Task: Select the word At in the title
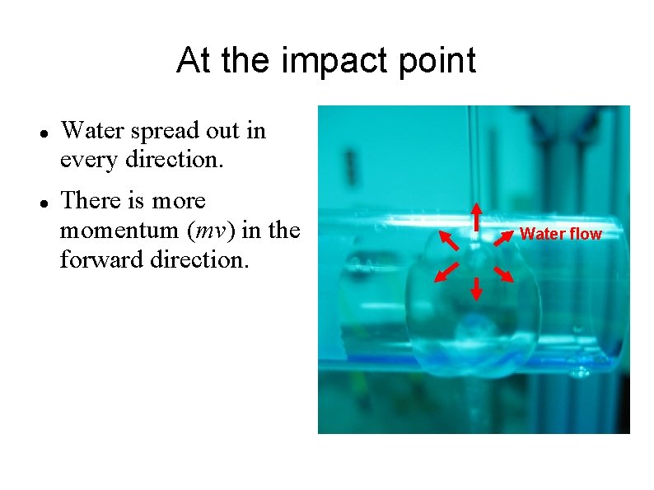192,60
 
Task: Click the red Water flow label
561,234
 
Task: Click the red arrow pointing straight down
475,287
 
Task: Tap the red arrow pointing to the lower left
447,272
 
